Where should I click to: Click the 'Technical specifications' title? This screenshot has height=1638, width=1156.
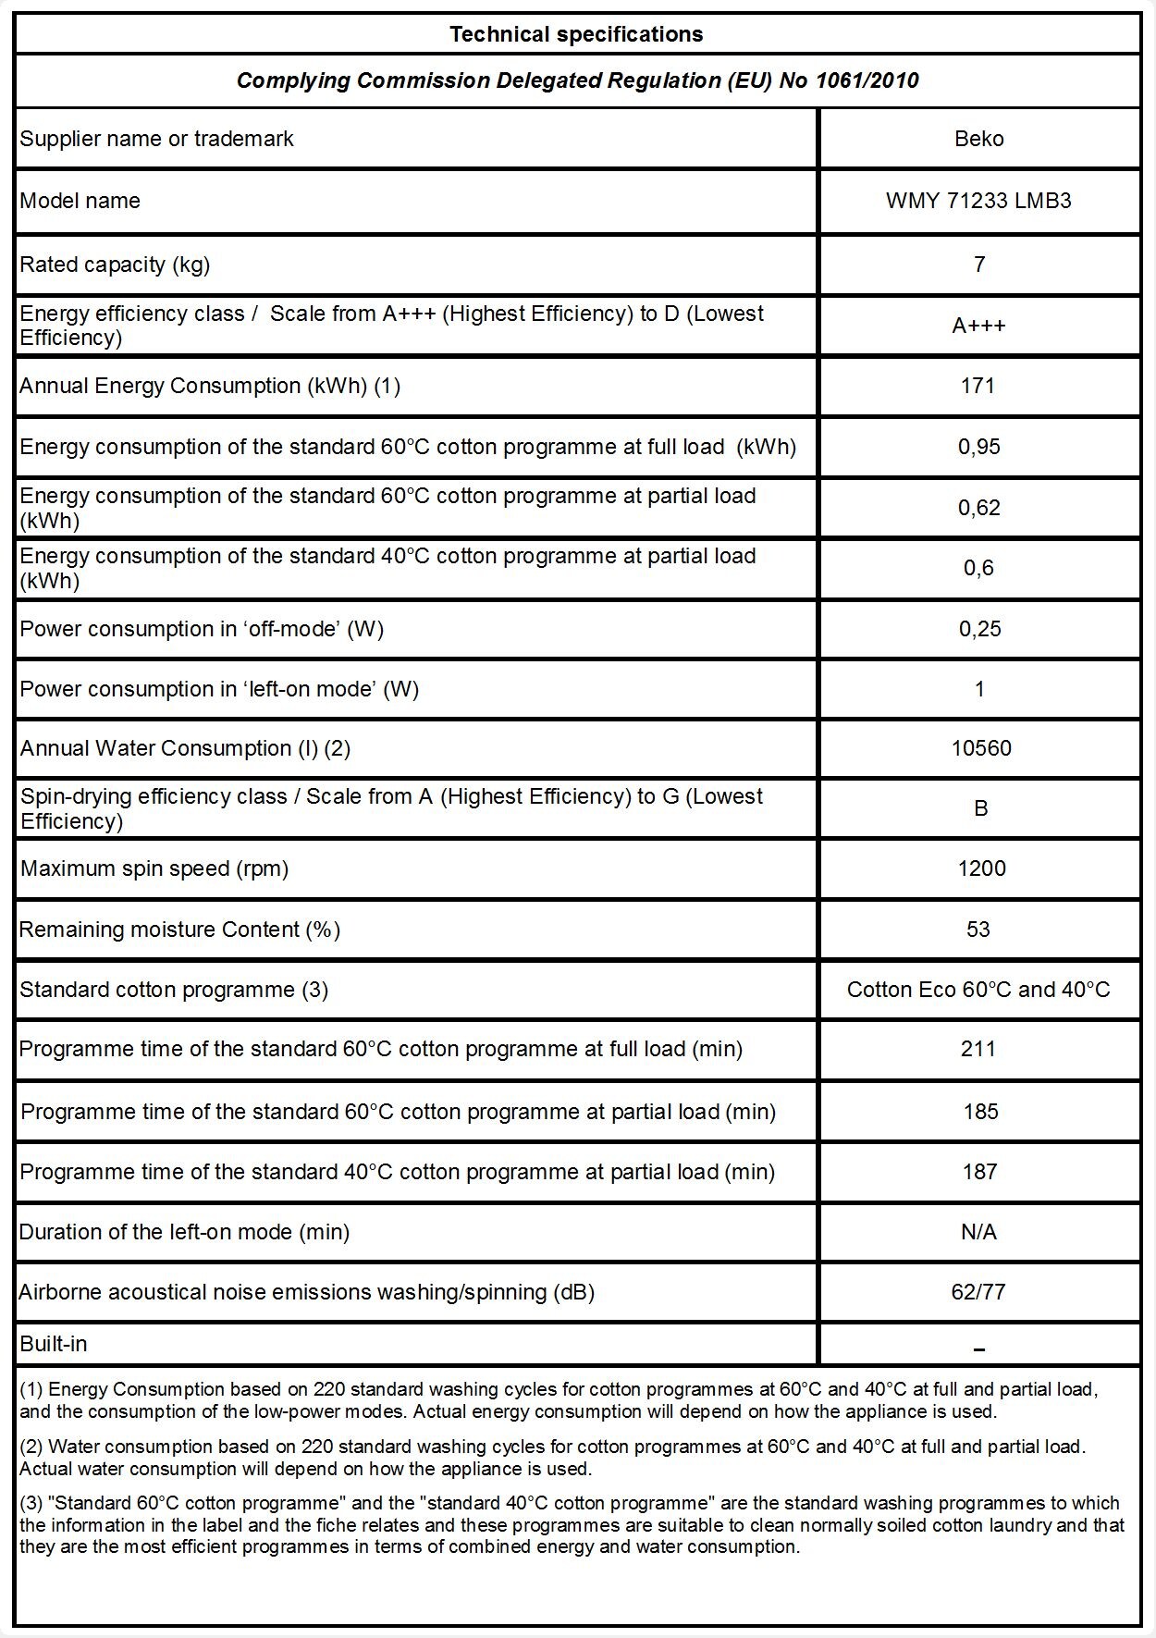tap(576, 34)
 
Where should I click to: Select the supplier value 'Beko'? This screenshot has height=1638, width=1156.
tap(978, 139)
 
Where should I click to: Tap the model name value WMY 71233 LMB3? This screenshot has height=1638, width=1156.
tap(978, 201)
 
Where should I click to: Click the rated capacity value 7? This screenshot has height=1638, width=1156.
tap(979, 265)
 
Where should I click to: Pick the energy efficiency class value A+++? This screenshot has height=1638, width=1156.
tap(978, 326)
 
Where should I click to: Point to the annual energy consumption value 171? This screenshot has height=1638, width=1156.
tap(978, 386)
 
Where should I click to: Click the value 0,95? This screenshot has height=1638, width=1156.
tap(978, 447)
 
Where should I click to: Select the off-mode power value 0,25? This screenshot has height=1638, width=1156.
tap(978, 629)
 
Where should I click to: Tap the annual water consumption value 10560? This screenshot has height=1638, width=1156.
tap(981, 748)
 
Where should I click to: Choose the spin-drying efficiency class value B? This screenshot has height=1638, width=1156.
tap(981, 808)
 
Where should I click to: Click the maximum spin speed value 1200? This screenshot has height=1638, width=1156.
tap(981, 868)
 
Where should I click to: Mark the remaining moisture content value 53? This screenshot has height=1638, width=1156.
tap(978, 930)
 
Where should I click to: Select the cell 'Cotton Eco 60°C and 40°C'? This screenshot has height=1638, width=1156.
tap(978, 990)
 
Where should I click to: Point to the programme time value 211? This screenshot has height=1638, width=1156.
tap(978, 1049)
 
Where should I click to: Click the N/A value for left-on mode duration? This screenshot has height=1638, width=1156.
tap(978, 1232)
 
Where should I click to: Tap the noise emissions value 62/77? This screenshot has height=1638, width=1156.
tap(978, 1292)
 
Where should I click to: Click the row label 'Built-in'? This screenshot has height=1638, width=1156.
tap(54, 1344)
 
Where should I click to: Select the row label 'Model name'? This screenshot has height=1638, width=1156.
tap(80, 201)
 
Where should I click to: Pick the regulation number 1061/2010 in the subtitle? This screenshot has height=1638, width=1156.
tap(867, 80)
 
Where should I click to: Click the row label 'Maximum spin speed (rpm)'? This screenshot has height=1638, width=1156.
tap(154, 868)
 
